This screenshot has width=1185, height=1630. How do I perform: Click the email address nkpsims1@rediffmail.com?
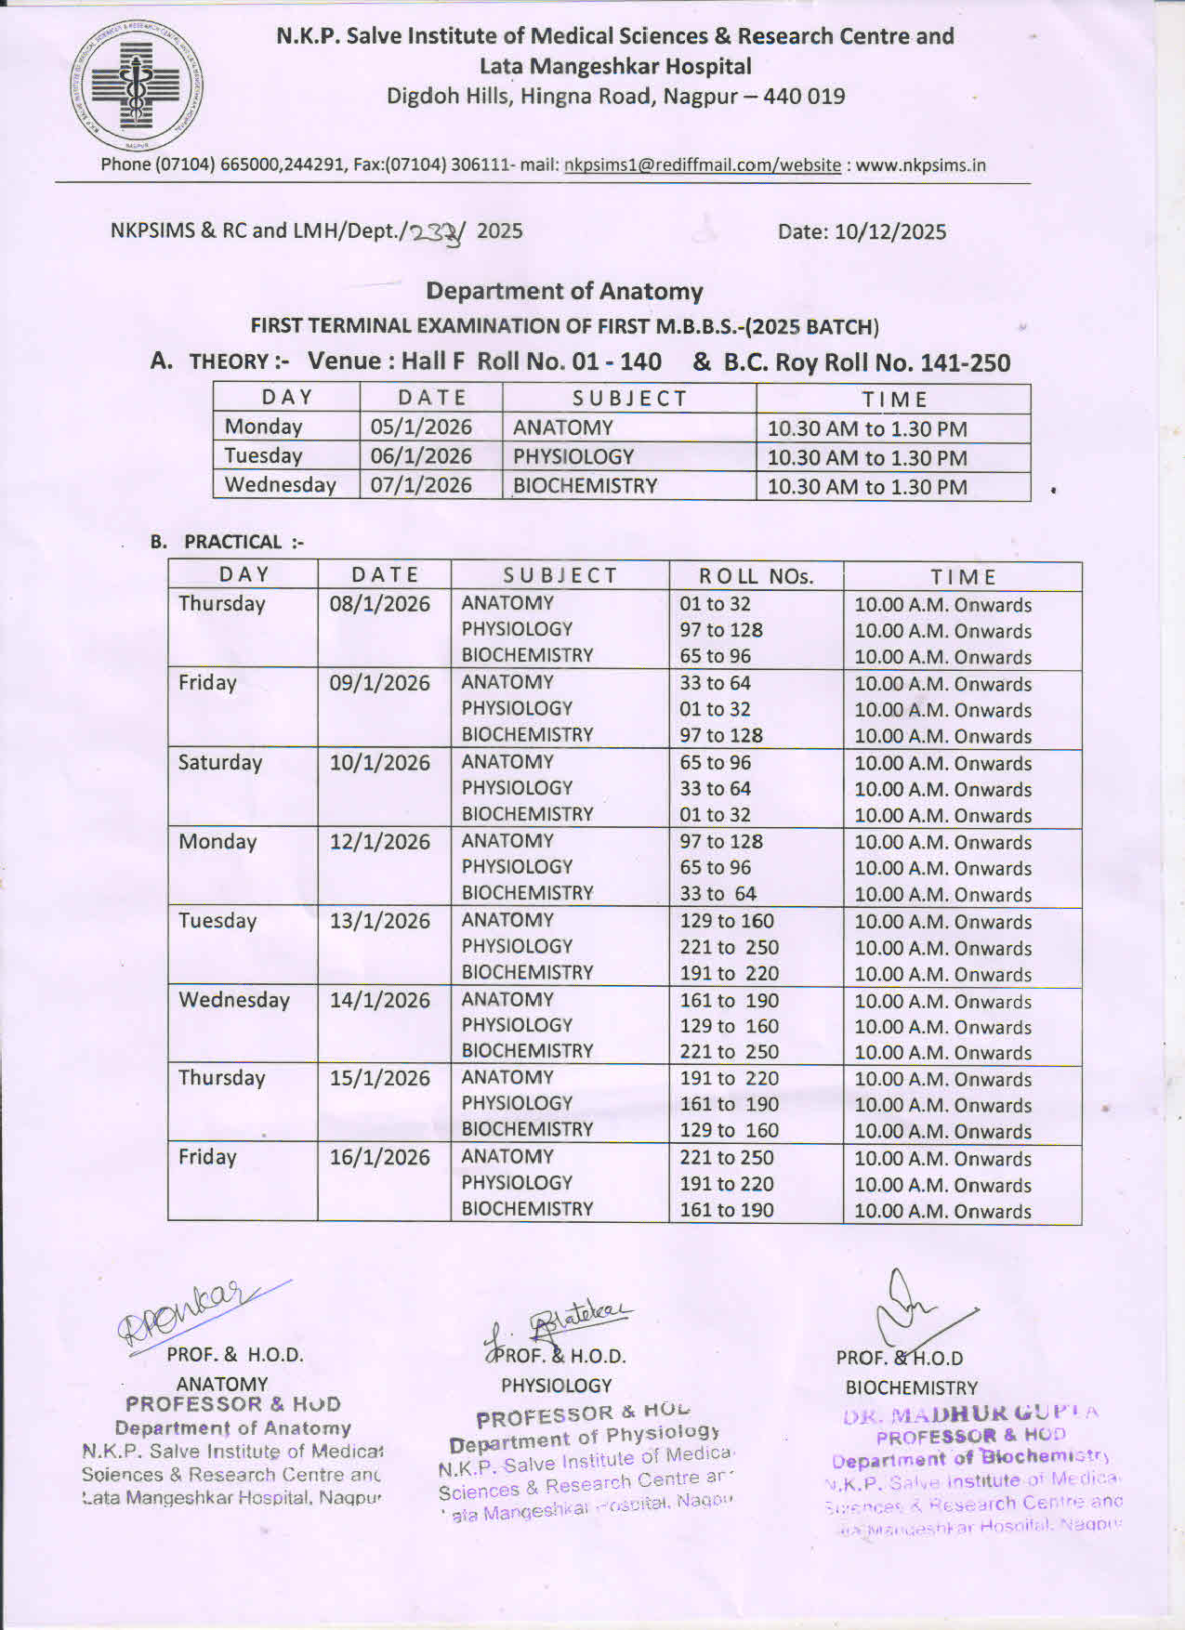click(x=654, y=165)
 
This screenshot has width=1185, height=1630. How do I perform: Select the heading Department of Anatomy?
click(x=564, y=292)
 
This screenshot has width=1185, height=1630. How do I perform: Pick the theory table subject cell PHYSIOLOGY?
click(x=573, y=457)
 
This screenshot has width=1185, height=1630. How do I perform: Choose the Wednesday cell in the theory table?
click(x=280, y=485)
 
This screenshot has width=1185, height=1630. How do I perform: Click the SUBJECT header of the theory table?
click(x=629, y=399)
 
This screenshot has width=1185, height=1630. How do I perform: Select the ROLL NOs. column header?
click(x=756, y=576)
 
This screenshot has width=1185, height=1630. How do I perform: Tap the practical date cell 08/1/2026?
click(x=379, y=604)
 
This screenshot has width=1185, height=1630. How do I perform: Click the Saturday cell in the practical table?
click(x=220, y=763)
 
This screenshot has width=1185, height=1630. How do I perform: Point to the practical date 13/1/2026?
click(x=379, y=921)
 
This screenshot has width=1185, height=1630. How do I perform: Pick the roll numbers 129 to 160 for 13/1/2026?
click(x=726, y=922)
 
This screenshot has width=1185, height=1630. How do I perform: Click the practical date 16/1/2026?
click(x=379, y=1158)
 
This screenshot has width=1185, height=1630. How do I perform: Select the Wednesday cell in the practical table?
click(x=234, y=1000)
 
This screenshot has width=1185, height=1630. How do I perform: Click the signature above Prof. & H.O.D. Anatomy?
click(x=200, y=1314)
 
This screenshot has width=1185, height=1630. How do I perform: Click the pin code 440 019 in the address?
click(x=804, y=97)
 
